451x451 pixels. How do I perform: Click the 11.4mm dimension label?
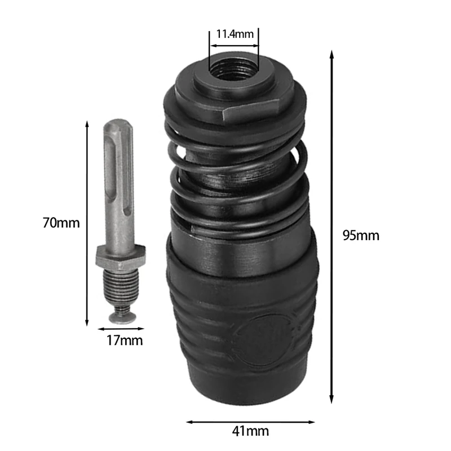point(235,34)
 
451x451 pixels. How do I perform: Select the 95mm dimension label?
point(361,236)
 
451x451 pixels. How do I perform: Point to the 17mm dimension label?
point(125,341)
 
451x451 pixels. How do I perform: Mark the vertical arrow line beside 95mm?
point(331,225)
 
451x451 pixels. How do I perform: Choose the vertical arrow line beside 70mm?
point(87,223)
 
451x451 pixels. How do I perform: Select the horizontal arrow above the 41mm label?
point(250,421)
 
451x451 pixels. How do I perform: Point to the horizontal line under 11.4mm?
point(234,45)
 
